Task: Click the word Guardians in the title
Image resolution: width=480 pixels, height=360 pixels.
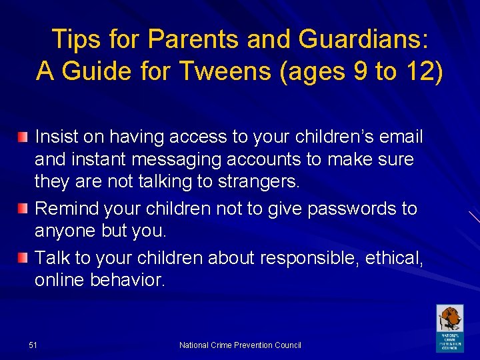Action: (x=360, y=39)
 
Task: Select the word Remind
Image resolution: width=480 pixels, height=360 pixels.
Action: (x=66, y=209)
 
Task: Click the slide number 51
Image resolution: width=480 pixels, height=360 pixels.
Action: (x=33, y=345)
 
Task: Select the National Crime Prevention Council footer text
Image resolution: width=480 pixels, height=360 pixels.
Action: (x=240, y=345)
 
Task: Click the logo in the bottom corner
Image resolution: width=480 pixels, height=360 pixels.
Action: (x=449, y=328)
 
